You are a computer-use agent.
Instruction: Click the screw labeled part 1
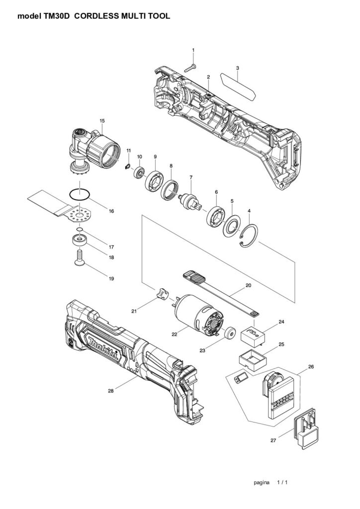(x=190, y=68)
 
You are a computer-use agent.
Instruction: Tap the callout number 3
(x=238, y=68)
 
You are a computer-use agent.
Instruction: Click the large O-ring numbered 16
(x=80, y=194)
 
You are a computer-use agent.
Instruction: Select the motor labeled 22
(x=198, y=313)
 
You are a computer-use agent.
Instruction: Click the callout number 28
(x=111, y=391)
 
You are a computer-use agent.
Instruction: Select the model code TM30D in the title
(x=57, y=16)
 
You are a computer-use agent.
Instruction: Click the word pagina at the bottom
(x=262, y=482)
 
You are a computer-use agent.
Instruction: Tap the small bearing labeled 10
(x=140, y=171)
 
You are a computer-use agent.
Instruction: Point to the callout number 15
(x=102, y=121)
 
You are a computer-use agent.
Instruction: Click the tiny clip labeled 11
(x=128, y=167)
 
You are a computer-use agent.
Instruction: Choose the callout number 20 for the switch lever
(x=248, y=286)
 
